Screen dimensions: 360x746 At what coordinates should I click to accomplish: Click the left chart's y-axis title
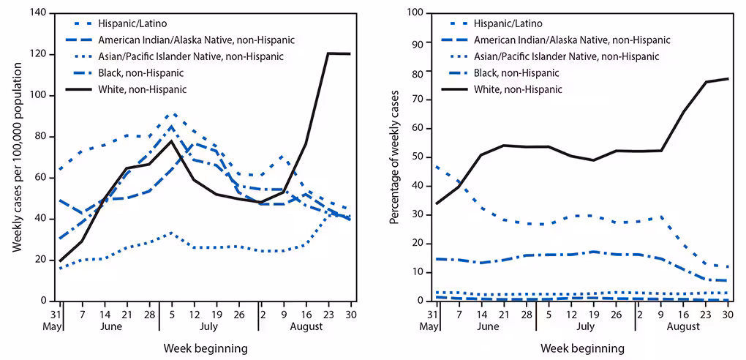(x=16, y=157)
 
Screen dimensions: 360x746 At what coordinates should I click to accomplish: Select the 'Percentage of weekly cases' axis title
(x=395, y=157)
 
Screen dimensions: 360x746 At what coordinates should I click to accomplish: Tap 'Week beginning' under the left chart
(x=204, y=348)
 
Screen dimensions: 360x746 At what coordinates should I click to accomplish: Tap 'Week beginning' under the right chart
(x=581, y=348)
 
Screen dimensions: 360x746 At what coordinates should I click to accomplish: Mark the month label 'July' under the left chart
(x=208, y=327)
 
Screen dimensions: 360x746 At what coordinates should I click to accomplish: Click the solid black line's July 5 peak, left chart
(x=171, y=140)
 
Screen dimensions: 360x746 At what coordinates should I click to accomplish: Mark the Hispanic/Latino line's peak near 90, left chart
(x=171, y=114)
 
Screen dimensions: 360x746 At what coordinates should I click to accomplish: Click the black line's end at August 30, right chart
(x=728, y=78)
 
